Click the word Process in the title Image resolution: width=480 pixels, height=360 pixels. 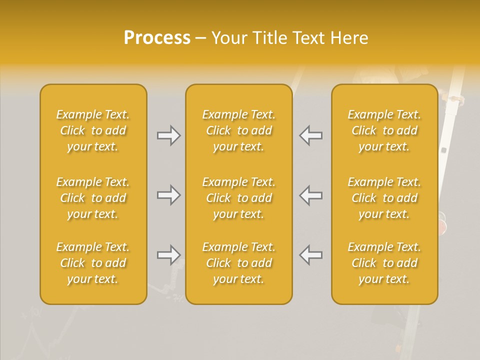(157, 38)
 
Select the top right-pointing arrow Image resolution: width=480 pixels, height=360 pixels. (168, 135)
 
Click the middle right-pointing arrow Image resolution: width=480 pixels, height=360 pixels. (168, 195)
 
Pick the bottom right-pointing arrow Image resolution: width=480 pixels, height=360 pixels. (168, 255)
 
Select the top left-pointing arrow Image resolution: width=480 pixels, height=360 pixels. (311, 135)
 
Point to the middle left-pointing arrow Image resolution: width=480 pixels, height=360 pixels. (311, 195)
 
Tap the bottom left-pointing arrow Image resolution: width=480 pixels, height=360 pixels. (311, 255)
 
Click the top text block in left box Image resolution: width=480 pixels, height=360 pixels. (93, 130)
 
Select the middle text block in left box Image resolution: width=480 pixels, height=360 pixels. (93, 198)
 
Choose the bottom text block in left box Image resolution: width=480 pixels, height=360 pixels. (93, 263)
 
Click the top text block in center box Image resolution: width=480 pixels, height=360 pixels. (239, 130)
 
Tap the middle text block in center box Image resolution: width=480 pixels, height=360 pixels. (239, 198)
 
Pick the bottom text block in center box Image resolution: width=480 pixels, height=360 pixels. (239, 263)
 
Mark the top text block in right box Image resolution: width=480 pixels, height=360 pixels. (384, 130)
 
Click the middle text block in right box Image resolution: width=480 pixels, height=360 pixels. (384, 198)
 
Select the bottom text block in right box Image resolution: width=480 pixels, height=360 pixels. (384, 263)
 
